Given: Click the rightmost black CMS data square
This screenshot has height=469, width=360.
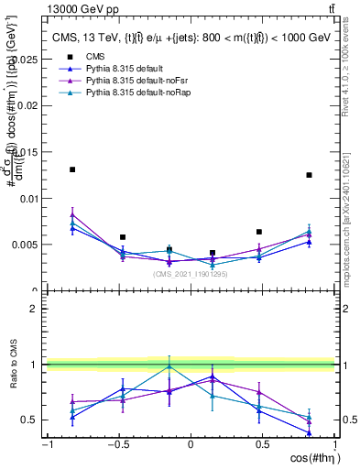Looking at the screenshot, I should coord(310,175).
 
